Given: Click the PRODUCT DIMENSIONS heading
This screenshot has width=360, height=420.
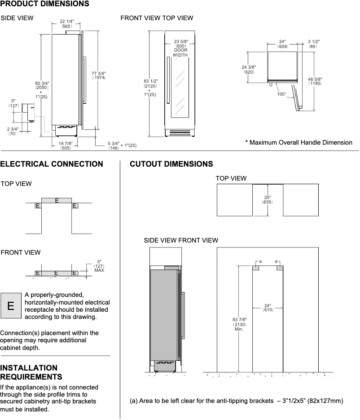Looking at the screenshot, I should point(44,4).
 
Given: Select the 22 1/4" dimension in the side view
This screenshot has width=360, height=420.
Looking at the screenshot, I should point(66,24).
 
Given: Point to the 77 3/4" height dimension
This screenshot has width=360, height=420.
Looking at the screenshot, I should point(99,75).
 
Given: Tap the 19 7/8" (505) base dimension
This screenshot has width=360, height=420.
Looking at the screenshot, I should point(66,145).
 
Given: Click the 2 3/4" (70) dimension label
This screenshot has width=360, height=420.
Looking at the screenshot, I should point(12,131).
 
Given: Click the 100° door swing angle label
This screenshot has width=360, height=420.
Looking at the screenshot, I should point(281,94).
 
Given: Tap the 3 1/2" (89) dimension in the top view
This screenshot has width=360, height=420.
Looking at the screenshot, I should point(313,44).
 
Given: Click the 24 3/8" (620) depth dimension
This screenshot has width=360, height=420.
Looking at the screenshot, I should point(249,69).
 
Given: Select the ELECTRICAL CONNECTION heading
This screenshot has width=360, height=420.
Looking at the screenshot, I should point(52,164).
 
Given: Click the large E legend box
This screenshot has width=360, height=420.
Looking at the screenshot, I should point(11,306).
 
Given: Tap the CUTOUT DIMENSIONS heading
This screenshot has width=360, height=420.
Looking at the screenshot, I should point(171,164).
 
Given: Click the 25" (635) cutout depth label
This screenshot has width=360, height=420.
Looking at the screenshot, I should point(267,199).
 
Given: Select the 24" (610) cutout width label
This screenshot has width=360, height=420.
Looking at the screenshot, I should point(268,308).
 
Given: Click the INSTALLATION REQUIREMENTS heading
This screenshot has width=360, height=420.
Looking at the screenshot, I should point(31,371).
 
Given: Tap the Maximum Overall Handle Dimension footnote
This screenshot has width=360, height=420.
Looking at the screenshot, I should point(299,142).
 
